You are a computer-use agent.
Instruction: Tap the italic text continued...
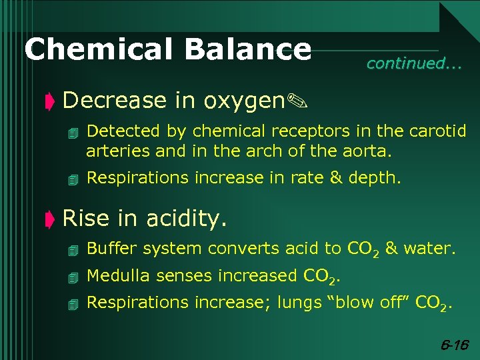click(x=413, y=64)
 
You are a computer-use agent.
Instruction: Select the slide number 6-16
click(x=455, y=345)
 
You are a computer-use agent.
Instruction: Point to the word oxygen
click(x=244, y=101)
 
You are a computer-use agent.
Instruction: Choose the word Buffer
click(x=111, y=249)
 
